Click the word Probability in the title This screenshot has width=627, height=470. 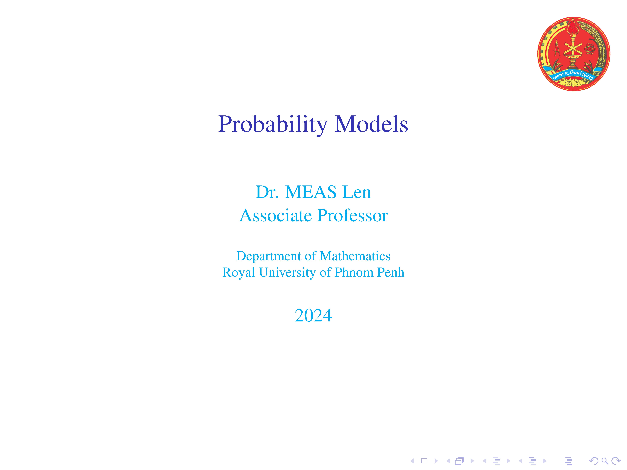click(x=273, y=125)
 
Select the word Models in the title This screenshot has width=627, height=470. click(x=371, y=124)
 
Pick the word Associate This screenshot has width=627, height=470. click(x=276, y=216)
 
